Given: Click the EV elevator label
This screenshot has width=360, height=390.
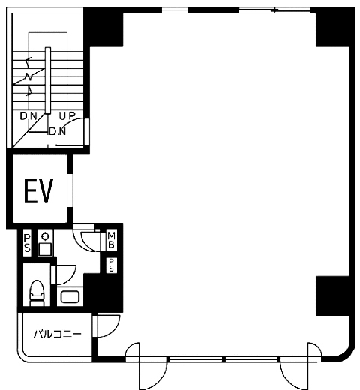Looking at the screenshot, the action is tap(38, 190).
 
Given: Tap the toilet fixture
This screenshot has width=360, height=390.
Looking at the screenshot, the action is tap(37, 292).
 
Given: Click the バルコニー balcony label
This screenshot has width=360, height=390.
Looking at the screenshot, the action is tap(58, 334).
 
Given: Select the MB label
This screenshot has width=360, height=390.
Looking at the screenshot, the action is tap(111, 240).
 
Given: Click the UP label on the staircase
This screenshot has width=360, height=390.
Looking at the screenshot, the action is tap(67, 115).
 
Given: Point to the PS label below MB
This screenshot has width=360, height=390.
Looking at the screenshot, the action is tap(111, 265).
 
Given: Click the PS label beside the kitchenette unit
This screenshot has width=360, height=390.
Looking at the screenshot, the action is tap(27, 243).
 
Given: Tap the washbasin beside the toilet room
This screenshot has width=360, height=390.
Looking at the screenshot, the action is tap(70, 297).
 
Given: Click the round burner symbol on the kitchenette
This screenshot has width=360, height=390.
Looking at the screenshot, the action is tap(45, 236).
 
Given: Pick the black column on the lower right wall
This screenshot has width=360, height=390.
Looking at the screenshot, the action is tap(332, 295).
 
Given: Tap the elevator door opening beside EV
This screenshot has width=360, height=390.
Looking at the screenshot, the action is tap(70, 190).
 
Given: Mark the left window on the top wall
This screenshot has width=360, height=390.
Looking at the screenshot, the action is tap(175, 10).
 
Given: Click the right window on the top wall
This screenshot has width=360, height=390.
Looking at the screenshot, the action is tap(274, 10).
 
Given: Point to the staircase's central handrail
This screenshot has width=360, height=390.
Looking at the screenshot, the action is tap(48, 80).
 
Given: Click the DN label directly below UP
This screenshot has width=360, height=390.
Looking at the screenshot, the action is tap(58, 131).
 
